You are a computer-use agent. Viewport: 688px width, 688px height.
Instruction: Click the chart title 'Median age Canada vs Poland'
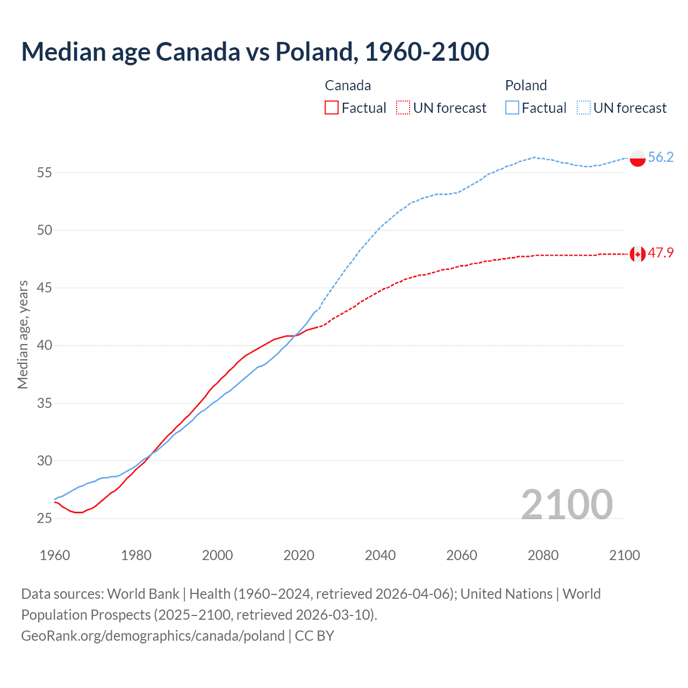pos(255,52)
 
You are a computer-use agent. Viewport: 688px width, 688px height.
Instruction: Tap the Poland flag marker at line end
pos(637,159)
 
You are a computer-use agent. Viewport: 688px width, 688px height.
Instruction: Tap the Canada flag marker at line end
pos(637,254)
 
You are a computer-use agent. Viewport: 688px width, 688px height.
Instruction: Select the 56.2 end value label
pos(661,157)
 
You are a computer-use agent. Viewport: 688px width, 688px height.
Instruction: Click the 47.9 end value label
pos(661,253)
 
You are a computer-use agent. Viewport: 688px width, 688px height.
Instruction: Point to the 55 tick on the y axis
pos(45,173)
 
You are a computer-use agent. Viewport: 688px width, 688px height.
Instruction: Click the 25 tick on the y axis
pos(45,518)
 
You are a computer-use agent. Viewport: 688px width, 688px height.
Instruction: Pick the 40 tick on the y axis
pos(45,345)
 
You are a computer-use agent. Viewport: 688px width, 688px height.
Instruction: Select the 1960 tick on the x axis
pos(55,555)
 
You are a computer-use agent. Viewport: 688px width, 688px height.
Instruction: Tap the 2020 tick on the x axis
pos(299,555)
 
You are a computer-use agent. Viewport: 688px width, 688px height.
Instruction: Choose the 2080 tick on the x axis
pos(543,555)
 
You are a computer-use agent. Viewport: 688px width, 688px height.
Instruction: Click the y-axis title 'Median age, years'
pos(23,334)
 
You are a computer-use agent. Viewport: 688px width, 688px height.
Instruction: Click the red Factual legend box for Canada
pos(332,108)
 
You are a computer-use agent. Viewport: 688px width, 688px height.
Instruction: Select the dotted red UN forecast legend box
pos(403,108)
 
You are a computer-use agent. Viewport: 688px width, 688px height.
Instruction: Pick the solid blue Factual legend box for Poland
pos(512,108)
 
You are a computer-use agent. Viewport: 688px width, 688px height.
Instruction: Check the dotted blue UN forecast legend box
pos(584,108)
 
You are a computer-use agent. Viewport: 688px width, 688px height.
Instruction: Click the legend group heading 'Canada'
pos(348,85)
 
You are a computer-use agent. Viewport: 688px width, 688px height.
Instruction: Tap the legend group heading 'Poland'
pos(526,85)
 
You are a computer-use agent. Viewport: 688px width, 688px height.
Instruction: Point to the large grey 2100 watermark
pos(567,504)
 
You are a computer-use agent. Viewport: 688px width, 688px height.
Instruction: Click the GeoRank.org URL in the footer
pos(153,636)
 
